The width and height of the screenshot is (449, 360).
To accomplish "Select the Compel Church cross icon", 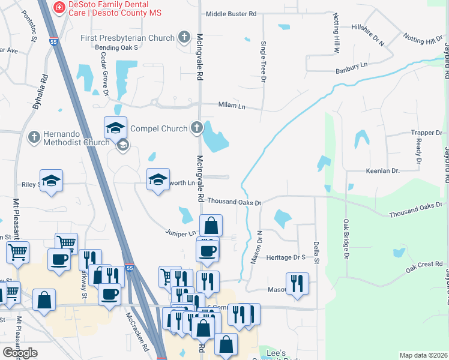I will [x=196, y=127].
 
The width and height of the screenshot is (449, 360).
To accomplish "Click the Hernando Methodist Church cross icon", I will [x=34, y=137].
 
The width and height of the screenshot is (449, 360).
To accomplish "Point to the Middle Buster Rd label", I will [x=231, y=14].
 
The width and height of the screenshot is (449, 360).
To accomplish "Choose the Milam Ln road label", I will [x=233, y=106].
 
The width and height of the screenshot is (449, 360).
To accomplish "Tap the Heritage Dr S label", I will [x=286, y=257].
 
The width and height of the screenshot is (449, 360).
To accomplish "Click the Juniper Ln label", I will [x=181, y=232].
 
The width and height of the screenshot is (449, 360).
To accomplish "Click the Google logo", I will [x=20, y=353].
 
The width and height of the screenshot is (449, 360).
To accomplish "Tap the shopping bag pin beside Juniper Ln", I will [x=211, y=226].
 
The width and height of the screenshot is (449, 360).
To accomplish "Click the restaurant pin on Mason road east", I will [x=297, y=283].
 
